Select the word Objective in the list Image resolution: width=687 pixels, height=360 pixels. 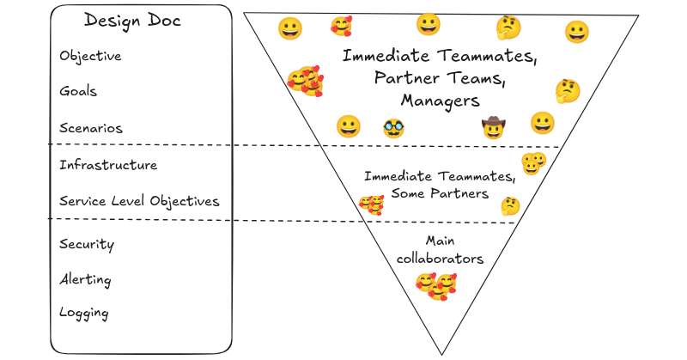(90, 57)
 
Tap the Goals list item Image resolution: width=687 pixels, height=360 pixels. (78, 91)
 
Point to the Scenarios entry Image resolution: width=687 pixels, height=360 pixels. (91, 128)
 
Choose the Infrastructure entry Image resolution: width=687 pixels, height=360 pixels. (108, 165)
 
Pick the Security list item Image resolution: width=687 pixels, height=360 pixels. (87, 244)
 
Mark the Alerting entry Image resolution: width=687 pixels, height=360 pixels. (85, 280)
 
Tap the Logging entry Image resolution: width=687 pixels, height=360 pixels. (84, 313)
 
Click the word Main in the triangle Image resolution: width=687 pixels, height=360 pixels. (441, 241)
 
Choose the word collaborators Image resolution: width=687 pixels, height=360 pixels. (441, 259)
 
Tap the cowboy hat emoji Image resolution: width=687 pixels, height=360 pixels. (492, 128)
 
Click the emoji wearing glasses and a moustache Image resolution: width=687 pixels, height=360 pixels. (394, 128)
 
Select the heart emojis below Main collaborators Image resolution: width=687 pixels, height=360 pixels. (436, 284)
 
